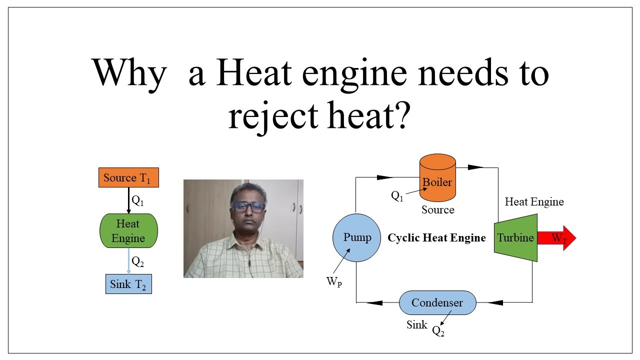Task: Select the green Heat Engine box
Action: click(x=128, y=231)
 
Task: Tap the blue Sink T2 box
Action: click(x=128, y=284)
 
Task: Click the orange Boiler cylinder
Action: click(x=437, y=178)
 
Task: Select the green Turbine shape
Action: click(x=515, y=238)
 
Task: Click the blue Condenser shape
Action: click(x=437, y=302)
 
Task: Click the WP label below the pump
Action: click(x=334, y=282)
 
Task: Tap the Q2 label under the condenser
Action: click(x=438, y=331)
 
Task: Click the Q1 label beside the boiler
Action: click(x=397, y=196)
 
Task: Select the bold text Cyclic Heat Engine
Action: click(x=436, y=238)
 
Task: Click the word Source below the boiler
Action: click(x=437, y=210)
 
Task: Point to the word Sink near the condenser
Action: click(x=416, y=325)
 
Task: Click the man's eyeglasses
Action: click(x=248, y=207)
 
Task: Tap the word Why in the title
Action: click(x=129, y=74)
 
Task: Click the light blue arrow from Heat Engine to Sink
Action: click(x=128, y=260)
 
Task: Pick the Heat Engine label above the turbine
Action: click(x=534, y=202)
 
